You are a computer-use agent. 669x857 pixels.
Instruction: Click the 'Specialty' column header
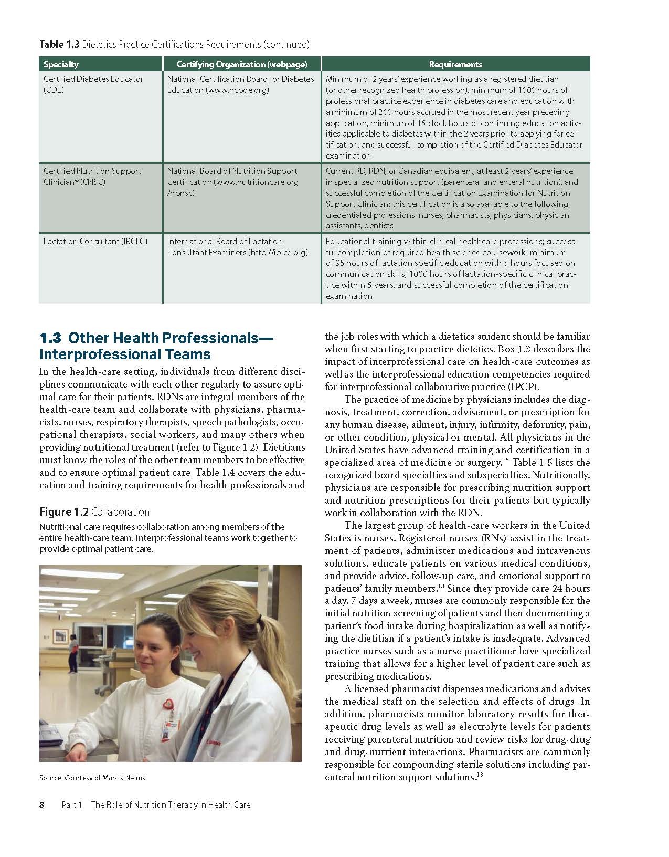pos(61,64)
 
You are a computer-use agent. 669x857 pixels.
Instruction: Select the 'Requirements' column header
pos(455,64)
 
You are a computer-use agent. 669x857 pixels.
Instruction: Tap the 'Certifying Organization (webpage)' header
pos(241,64)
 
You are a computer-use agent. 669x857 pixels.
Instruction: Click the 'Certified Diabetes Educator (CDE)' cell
pos(93,85)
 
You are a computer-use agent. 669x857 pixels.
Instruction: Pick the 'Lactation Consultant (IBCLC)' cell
pos(95,242)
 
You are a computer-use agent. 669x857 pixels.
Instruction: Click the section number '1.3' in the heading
pos(51,338)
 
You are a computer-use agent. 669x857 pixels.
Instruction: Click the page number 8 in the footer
pos(42,804)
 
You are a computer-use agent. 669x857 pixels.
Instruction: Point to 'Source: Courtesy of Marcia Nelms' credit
pos(92,778)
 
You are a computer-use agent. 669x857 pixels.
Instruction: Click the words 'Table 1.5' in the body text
pos(532,463)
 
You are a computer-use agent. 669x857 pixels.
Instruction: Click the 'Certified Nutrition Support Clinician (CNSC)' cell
pos(92,176)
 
